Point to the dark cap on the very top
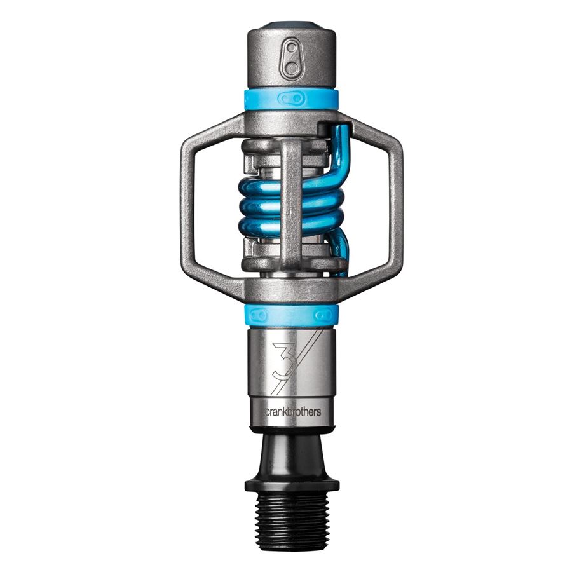pos(291,26)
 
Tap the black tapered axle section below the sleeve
pos(292,448)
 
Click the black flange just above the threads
pos(292,484)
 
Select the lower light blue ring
pos(291,315)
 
